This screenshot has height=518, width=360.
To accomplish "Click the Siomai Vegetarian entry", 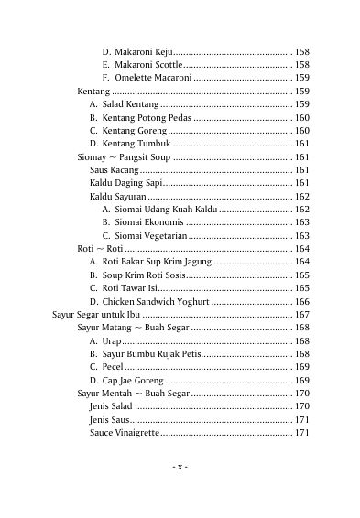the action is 151,236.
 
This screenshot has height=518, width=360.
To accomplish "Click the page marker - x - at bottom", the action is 180,466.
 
